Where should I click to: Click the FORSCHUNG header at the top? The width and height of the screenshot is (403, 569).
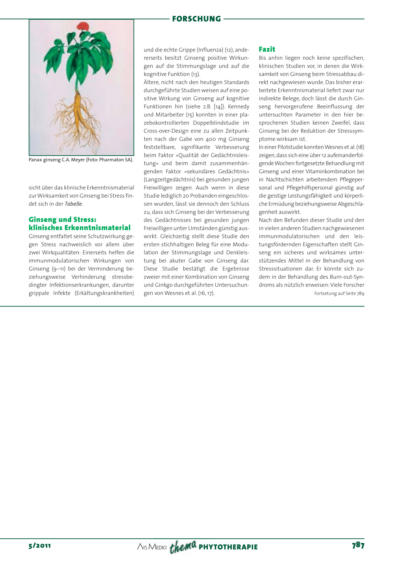196,19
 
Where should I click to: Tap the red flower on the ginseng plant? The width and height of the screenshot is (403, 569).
82,27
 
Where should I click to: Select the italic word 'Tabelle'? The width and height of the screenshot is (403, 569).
74,204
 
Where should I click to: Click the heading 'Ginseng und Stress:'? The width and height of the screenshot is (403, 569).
63,220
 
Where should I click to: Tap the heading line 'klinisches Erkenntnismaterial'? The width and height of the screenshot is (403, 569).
79,228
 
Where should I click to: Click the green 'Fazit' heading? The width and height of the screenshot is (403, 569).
267,50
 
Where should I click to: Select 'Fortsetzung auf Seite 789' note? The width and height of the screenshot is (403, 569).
339,294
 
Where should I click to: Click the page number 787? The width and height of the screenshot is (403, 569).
358,545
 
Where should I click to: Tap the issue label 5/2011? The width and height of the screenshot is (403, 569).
40,546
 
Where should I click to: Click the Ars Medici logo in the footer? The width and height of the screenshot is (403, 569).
152,547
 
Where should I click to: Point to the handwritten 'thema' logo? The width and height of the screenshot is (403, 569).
183,546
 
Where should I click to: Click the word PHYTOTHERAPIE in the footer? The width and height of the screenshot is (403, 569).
228,547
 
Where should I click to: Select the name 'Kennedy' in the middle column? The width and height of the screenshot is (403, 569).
238,106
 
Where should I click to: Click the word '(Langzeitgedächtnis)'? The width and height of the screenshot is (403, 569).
169,180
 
